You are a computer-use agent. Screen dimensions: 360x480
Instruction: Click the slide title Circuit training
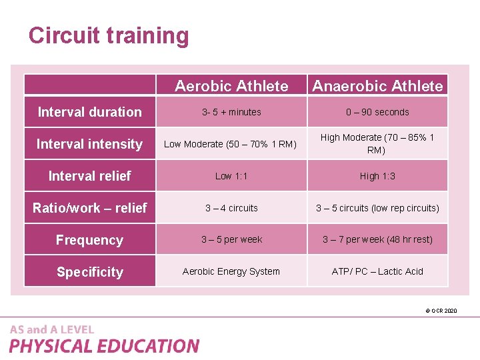pyautogui.click(x=109, y=35)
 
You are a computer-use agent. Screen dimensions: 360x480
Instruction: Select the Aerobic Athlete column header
pyautogui.click(x=231, y=86)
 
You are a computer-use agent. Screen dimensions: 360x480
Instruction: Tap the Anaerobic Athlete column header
pyautogui.click(x=377, y=86)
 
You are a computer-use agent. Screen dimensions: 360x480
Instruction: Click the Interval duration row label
pyautogui.click(x=89, y=112)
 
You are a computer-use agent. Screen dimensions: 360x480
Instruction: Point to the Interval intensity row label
pyautogui.click(x=89, y=144)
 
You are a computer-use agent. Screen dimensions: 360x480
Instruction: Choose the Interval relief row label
pyautogui.click(x=89, y=176)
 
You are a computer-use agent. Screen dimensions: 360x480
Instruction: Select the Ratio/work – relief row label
pyautogui.click(x=89, y=208)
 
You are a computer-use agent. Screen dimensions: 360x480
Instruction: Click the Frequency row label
pyautogui.click(x=89, y=240)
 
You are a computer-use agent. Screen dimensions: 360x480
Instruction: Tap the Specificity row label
pyautogui.click(x=89, y=272)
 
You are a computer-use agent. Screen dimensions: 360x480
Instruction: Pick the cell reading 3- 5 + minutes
pyautogui.click(x=231, y=112)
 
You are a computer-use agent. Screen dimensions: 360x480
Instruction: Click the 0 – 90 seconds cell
pyautogui.click(x=377, y=112)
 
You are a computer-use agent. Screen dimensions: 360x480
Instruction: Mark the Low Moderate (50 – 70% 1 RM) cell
pyautogui.click(x=230, y=144)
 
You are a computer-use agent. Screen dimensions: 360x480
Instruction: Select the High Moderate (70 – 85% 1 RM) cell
pyautogui.click(x=377, y=143)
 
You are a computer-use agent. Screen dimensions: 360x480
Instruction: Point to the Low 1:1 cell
pyautogui.click(x=231, y=176)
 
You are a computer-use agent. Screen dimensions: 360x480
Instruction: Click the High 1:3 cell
pyautogui.click(x=377, y=176)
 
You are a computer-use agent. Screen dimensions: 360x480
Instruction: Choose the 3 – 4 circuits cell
pyautogui.click(x=231, y=208)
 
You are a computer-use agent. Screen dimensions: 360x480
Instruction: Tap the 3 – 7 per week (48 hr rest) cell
pyautogui.click(x=377, y=239)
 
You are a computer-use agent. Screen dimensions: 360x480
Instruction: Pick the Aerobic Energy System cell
pyautogui.click(x=231, y=271)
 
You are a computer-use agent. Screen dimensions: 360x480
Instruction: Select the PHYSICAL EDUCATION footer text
pyautogui.click(x=104, y=346)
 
